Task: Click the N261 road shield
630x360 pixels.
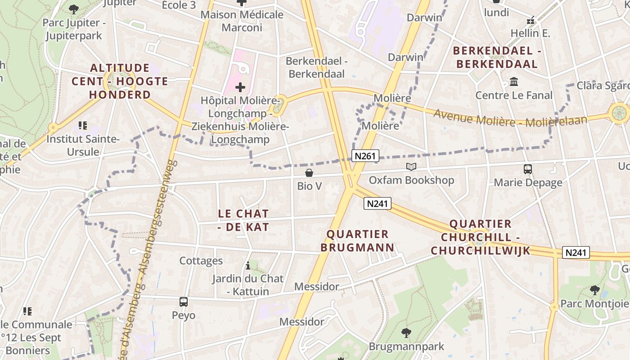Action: tap(364, 156)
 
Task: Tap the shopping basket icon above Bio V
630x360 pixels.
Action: tap(309, 173)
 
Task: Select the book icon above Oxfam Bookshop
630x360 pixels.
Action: tap(411, 167)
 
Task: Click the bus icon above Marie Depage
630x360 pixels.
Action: tap(528, 169)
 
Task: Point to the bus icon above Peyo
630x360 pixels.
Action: tap(183, 302)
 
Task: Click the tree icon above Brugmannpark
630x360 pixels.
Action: tap(406, 333)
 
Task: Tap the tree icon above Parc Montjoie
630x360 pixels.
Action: tap(594, 290)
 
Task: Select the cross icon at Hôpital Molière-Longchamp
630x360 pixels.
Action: tap(240, 87)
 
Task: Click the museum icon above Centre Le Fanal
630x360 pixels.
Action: tap(513, 82)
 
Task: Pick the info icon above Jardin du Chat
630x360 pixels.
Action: tap(247, 265)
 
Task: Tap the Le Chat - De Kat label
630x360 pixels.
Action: tap(243, 220)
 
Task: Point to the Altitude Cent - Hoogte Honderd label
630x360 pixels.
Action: tap(120, 81)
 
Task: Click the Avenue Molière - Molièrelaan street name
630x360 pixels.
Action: tap(510, 118)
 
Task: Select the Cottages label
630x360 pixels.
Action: tap(201, 261)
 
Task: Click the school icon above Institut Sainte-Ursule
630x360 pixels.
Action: tap(82, 126)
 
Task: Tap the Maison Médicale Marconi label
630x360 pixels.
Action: tap(242, 21)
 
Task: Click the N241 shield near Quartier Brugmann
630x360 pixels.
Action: tap(377, 204)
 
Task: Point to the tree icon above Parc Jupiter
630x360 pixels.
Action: tap(73, 9)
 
